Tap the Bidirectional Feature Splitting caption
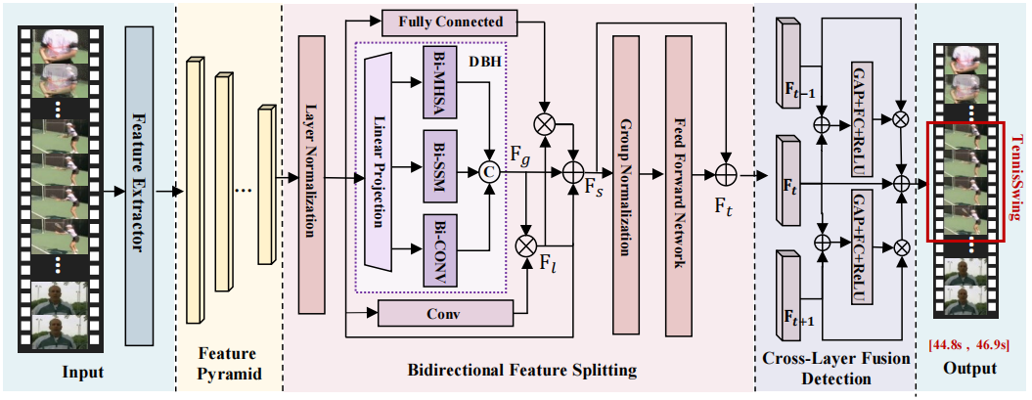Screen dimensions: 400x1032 (x=521, y=371)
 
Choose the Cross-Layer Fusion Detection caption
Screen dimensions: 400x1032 (x=833, y=370)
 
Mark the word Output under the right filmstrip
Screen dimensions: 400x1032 (x=971, y=369)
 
